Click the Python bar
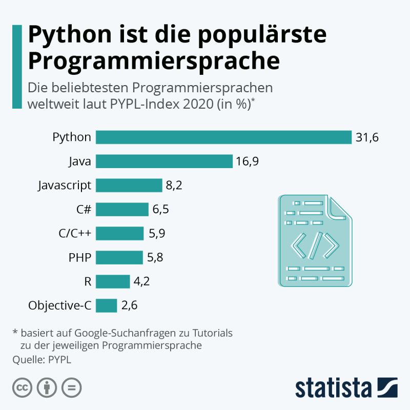[223, 137]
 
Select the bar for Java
[164, 161]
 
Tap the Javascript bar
[129, 186]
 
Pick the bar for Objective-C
[107, 306]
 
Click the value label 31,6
[367, 137]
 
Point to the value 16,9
[248, 161]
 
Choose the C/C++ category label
[75, 234]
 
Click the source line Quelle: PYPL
[42, 359]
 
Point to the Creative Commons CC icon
[23, 387]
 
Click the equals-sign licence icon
[71, 387]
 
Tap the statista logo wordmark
[334, 387]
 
